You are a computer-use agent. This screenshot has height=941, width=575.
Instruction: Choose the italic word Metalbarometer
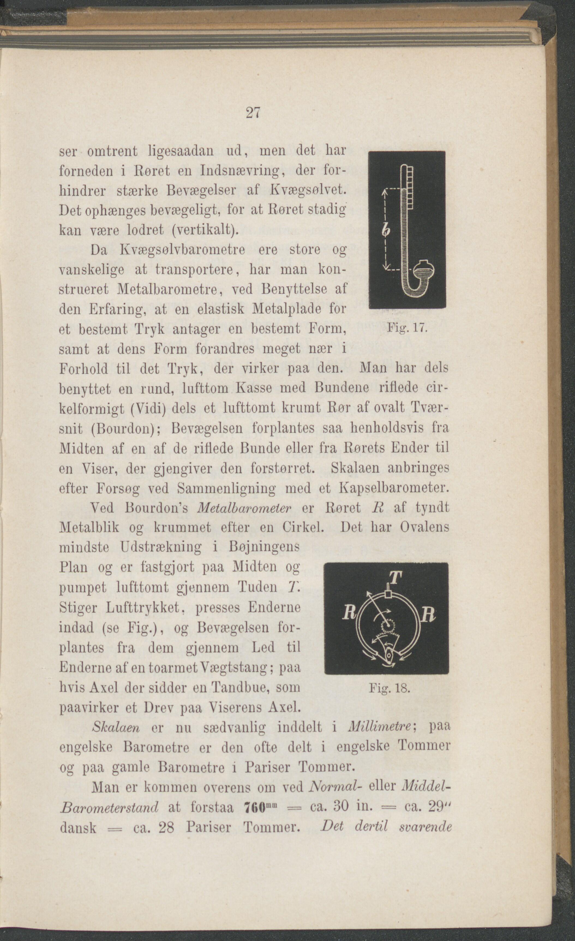click(245, 508)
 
